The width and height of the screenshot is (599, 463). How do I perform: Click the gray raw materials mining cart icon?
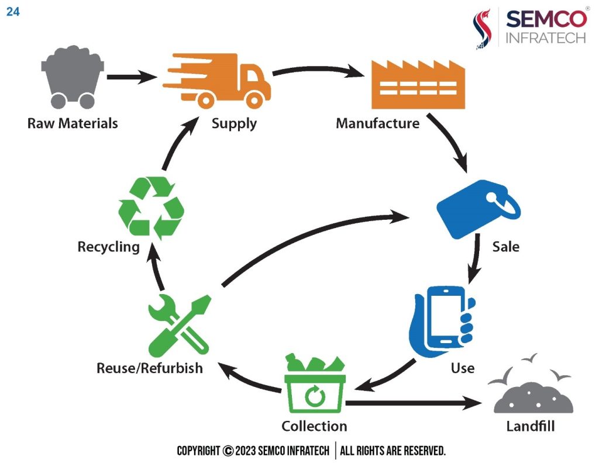click(x=72, y=77)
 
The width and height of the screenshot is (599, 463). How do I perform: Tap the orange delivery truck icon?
click(x=216, y=81)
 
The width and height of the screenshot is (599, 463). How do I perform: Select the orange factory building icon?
click(x=418, y=84)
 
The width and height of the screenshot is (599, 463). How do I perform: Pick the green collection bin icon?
click(x=315, y=383)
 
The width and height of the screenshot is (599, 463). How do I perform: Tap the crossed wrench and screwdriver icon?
click(x=179, y=325)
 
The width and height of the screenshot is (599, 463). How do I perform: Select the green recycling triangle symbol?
click(x=152, y=208)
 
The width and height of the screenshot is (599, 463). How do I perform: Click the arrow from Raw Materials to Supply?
click(x=132, y=77)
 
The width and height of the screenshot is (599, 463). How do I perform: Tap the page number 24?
click(x=13, y=12)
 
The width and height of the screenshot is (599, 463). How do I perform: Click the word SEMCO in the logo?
click(x=546, y=19)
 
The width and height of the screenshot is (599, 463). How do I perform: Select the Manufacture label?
click(x=377, y=123)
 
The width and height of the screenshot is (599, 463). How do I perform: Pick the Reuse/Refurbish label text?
click(x=149, y=368)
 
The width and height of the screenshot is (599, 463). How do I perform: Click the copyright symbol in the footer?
click(x=228, y=451)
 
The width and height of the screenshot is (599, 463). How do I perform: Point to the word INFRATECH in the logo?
click(x=546, y=38)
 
